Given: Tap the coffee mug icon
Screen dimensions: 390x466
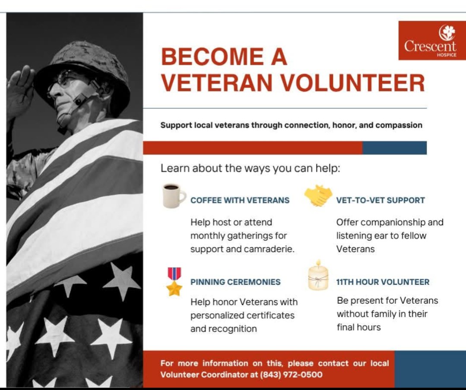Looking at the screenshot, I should [174, 195].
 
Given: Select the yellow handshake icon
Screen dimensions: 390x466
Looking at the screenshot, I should [318, 195].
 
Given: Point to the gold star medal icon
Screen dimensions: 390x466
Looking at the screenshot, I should [174, 282].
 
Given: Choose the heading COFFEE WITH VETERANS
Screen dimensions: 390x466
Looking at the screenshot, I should [240, 200].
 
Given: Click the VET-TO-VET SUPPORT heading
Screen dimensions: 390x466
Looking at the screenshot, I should [380, 200].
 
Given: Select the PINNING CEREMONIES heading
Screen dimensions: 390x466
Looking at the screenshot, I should [235, 282].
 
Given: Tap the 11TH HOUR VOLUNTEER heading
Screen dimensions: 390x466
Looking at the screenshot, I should [383, 282].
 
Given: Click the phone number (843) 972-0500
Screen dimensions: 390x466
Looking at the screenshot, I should [291, 374].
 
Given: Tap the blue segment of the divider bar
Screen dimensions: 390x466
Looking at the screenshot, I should [394, 148].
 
